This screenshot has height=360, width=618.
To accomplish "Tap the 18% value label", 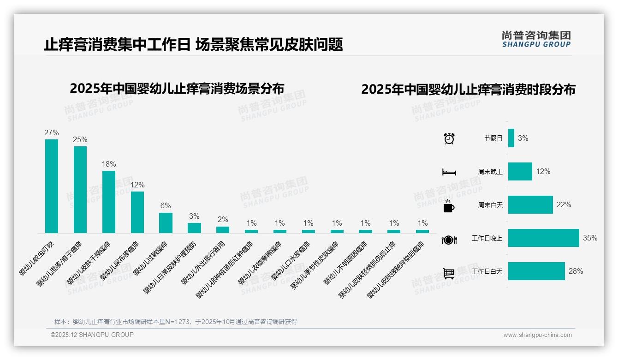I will (x=109, y=164).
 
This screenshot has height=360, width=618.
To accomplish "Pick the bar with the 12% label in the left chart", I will (x=137, y=212).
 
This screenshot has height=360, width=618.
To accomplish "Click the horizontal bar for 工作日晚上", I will (x=543, y=238).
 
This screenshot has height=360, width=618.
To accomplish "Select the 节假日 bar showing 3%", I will (x=511, y=138).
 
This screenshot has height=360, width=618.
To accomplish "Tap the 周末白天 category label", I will (x=490, y=205).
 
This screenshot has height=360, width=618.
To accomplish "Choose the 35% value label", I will (x=590, y=238).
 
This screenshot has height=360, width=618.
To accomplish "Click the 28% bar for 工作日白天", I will (x=536, y=271).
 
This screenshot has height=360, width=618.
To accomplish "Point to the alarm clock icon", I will (x=449, y=138).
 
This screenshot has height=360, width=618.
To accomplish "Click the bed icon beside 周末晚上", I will (x=449, y=172).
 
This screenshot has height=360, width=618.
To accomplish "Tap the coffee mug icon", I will (x=449, y=206).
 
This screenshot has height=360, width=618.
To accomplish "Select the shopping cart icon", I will (x=449, y=273).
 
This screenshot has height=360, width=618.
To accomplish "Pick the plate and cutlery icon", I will (x=449, y=240).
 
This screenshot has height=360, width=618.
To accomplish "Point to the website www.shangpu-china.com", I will (x=537, y=335).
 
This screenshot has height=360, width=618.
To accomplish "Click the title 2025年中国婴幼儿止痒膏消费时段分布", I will (x=468, y=90).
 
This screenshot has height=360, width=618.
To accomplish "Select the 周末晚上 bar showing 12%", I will (x=520, y=171).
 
